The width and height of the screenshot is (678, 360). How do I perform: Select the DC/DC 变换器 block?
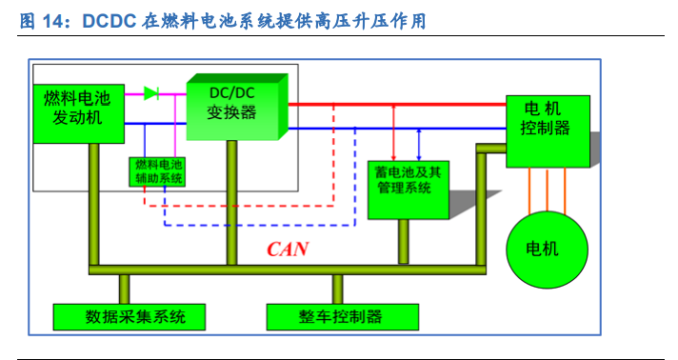(232, 106)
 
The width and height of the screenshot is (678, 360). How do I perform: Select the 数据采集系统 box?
(129, 316)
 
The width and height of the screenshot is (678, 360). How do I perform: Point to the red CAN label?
(287, 250)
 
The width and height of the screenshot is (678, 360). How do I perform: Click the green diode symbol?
(151, 92)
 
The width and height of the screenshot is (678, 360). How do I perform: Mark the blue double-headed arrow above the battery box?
(419, 143)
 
